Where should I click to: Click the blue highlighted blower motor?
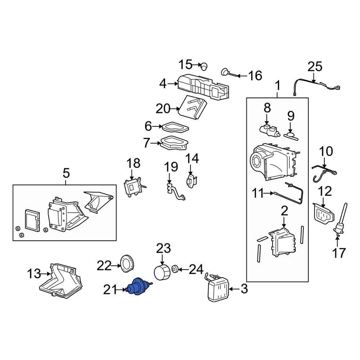pos(137,288)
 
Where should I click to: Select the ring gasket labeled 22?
pos(125,262)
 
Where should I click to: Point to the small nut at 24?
pos(175,269)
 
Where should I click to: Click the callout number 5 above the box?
pos(66,173)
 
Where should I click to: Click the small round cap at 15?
pos(204,67)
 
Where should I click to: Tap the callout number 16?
pos(255,76)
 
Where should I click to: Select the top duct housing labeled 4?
pos(202,87)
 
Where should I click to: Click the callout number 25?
pos(315,67)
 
